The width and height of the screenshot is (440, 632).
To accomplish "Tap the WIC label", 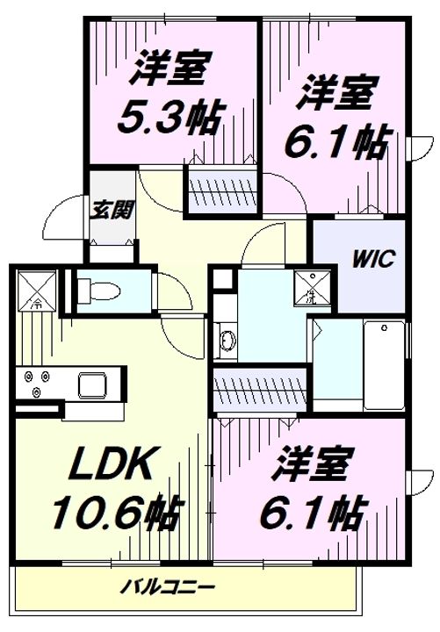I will [374, 260].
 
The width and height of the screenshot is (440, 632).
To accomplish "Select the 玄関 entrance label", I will [112, 210].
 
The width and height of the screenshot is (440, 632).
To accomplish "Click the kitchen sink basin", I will [91, 384].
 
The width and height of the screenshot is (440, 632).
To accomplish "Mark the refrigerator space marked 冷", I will [37, 290].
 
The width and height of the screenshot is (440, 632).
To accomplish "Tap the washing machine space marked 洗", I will [311, 287].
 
